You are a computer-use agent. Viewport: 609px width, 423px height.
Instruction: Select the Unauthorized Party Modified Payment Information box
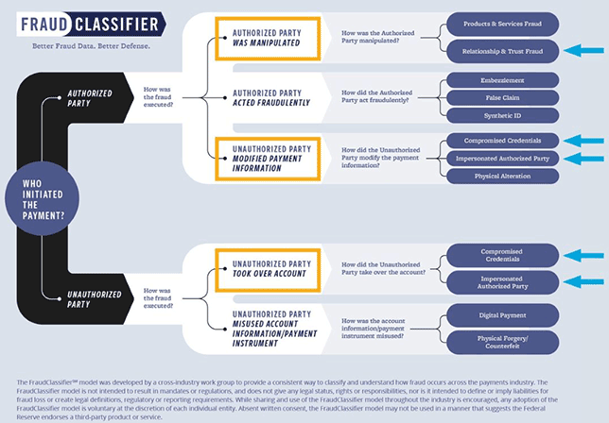[x=270, y=157]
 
